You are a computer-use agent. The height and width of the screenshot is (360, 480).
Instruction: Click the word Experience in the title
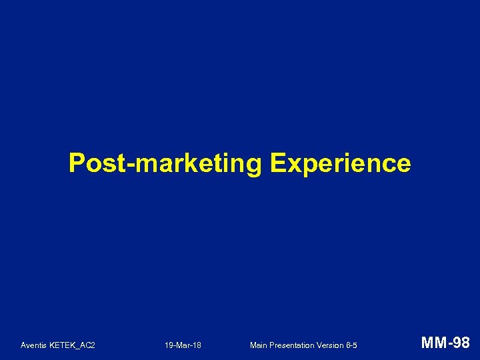[x=341, y=163]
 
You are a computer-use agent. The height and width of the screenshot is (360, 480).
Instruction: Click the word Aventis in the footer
[x=33, y=345]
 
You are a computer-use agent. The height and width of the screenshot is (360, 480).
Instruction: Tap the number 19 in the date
[x=169, y=345]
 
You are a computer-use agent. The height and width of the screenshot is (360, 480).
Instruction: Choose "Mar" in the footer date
[x=183, y=345]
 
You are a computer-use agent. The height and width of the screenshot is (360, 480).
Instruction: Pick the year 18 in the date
[x=197, y=345]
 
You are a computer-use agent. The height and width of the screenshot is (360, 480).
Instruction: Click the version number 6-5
[x=352, y=345]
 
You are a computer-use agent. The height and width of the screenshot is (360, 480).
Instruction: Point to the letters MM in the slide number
[x=432, y=343]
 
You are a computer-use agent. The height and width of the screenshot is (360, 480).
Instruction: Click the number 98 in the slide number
[x=461, y=343]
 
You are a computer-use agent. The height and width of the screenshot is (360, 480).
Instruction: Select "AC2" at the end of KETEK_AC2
[x=87, y=345]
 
